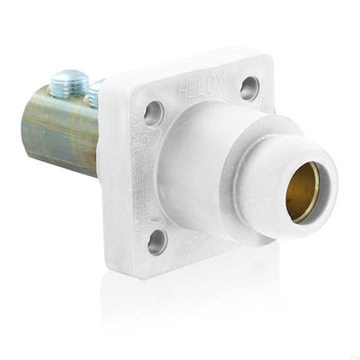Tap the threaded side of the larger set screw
pos(64,89)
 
